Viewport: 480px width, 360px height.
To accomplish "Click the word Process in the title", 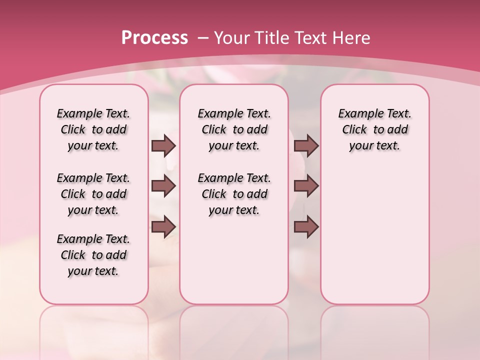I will [x=154, y=37].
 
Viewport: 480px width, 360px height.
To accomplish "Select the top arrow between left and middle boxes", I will [x=163, y=145].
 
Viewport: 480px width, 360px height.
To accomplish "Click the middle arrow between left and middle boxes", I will [x=163, y=186].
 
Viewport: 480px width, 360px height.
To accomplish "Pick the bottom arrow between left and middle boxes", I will [x=163, y=226].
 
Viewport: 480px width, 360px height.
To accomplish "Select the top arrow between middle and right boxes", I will [x=306, y=145].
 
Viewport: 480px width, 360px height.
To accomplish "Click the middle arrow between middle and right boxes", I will [x=306, y=186].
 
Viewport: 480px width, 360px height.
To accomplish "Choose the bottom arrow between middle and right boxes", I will [x=306, y=226].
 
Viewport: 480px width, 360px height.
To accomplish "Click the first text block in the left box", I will [x=93, y=129].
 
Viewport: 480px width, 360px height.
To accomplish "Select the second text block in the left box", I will [x=93, y=194].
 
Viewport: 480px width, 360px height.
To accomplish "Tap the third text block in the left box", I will [x=93, y=255].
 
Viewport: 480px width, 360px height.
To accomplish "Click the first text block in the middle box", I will [x=234, y=129].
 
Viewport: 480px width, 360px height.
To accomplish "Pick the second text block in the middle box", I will [x=234, y=194].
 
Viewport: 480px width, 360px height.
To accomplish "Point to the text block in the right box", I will [x=375, y=129].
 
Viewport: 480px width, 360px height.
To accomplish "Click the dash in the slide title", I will [x=203, y=37].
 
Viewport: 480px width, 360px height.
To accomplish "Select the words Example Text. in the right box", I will [x=375, y=113].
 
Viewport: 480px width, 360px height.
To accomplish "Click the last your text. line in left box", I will [x=93, y=271].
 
